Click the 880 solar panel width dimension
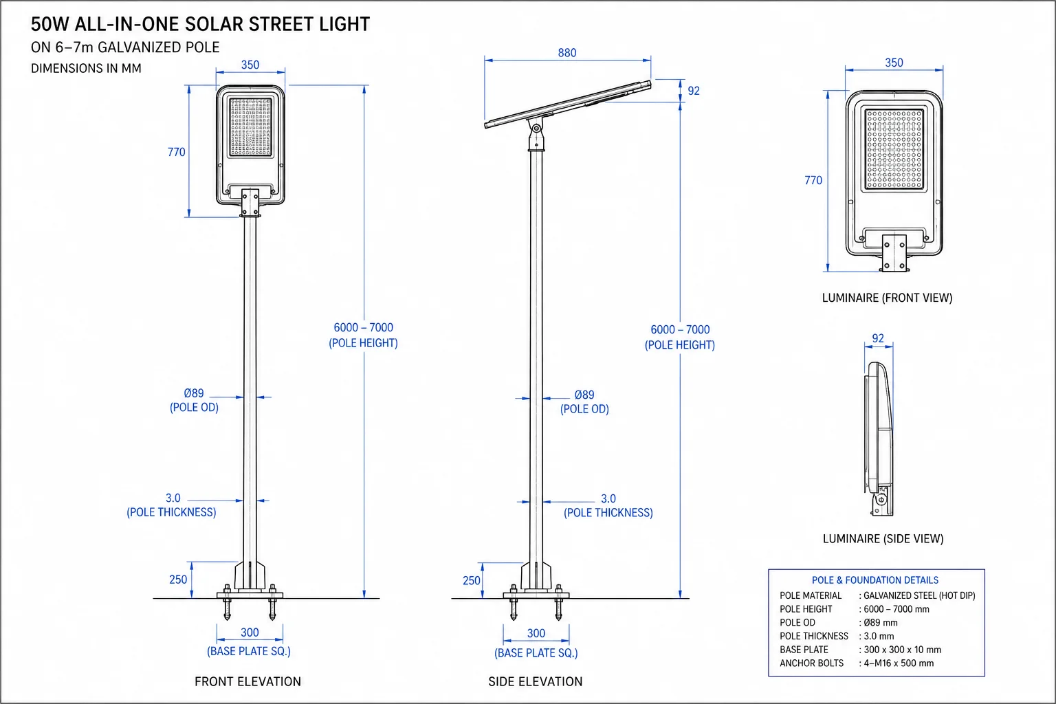click(566, 53)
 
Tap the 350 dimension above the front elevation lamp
click(250, 65)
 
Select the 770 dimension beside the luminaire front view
click(813, 180)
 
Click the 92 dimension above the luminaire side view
click(878, 338)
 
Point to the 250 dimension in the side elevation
click(472, 580)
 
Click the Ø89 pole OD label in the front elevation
click(194, 393)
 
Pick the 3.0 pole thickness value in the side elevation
click(608, 498)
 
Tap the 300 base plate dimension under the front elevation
click(250, 632)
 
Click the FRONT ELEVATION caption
click(247, 681)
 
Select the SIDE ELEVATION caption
click(535, 681)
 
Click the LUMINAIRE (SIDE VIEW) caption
click(883, 538)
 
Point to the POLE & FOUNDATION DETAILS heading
click(875, 580)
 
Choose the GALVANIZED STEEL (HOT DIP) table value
click(919, 595)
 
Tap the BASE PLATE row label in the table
click(804, 649)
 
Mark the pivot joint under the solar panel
click(536, 128)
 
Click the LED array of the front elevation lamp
click(251, 127)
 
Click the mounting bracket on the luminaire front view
click(894, 253)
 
